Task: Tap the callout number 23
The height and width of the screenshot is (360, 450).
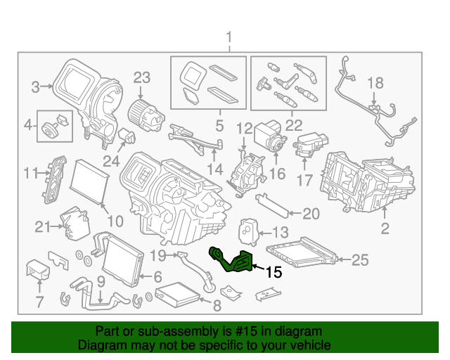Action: pos(142,77)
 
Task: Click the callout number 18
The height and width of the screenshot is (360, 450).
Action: pos(374,82)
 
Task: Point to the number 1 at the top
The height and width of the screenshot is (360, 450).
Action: pos(228,37)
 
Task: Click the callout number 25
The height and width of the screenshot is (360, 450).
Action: pos(359,261)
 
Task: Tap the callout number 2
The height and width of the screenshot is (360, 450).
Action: pos(385,228)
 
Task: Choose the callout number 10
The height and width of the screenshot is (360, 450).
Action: pos(115,221)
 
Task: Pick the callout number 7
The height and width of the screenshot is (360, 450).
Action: pos(39,303)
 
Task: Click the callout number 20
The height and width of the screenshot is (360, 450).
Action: pos(311,214)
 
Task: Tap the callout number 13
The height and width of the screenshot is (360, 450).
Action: pos(279,233)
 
